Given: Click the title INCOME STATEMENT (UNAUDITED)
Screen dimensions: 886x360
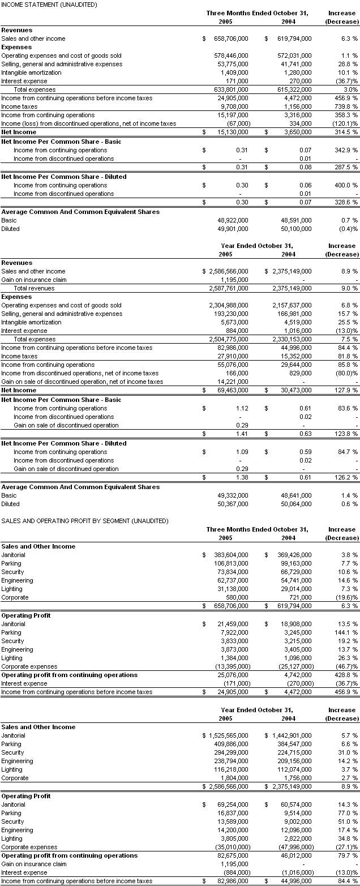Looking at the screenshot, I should pyautogui.click(x=49, y=5).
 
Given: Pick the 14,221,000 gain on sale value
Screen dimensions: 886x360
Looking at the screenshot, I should pyautogui.click(x=233, y=382).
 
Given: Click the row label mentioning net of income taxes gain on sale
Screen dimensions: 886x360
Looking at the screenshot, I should pyautogui.click(x=82, y=382).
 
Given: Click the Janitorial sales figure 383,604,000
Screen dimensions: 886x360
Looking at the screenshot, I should pyautogui.click(x=231, y=555).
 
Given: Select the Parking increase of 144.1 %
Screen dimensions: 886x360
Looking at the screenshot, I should pyautogui.click(x=346, y=632).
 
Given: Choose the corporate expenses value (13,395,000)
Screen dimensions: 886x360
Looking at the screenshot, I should pyautogui.click(x=228, y=666).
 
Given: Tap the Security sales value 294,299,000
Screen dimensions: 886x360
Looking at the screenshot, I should pyautogui.click(x=231, y=752).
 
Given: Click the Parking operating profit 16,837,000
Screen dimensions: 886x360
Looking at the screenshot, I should pyautogui.click(x=233, y=813).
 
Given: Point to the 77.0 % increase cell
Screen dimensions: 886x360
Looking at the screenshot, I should pyautogui.click(x=347, y=813).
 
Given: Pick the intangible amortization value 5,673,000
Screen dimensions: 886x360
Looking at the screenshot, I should pyautogui.click(x=234, y=322).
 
